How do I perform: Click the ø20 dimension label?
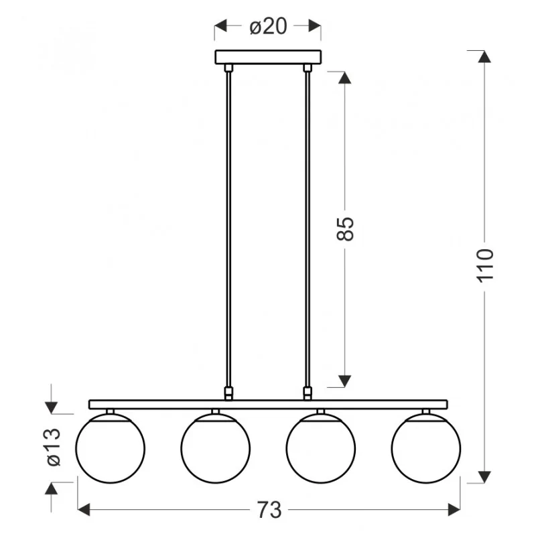268,26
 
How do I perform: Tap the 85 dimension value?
345,228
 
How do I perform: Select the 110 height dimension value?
485,265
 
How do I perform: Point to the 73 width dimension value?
269,510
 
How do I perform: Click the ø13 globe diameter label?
54,447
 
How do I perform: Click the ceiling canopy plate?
268,57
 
